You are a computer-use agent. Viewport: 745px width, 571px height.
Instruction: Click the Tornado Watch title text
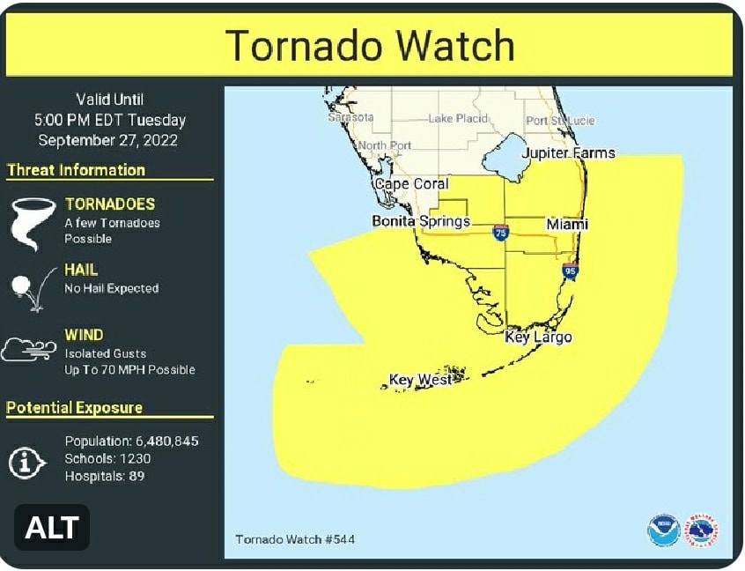(x=370, y=45)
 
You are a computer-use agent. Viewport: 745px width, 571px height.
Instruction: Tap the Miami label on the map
(x=566, y=225)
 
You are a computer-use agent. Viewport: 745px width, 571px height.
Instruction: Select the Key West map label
(x=420, y=380)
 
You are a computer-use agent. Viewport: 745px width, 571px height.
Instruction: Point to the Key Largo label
(x=538, y=337)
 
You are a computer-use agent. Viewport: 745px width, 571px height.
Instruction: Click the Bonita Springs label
(x=420, y=221)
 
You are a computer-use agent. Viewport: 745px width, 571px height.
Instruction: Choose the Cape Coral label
(x=411, y=184)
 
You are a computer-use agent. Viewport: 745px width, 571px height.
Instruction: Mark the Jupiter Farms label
(x=568, y=153)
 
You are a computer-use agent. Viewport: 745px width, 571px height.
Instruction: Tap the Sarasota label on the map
(x=350, y=117)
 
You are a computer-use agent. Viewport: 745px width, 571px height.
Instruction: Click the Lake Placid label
(x=458, y=119)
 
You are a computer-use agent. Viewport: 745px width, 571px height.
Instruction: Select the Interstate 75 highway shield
(x=500, y=233)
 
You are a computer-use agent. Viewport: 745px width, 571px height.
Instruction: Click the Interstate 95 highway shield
(x=570, y=271)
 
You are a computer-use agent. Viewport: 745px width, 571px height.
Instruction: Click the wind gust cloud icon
(x=28, y=350)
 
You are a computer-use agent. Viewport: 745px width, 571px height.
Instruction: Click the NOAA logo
(x=662, y=531)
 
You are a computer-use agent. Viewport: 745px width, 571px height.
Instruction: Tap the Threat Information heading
(x=76, y=170)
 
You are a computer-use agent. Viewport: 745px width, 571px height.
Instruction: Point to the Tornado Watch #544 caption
(x=295, y=539)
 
